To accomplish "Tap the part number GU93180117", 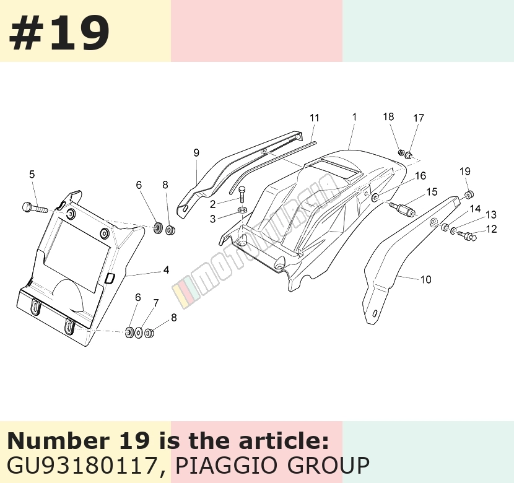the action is click(x=82, y=465).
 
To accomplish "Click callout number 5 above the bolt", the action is click(x=32, y=175).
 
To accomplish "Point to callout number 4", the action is click(x=166, y=270).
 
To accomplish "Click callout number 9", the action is click(x=196, y=153).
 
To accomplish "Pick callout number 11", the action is click(x=314, y=118).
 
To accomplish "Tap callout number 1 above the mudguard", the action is click(x=354, y=117).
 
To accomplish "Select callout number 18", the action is click(x=388, y=116).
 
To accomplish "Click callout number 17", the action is click(x=418, y=118).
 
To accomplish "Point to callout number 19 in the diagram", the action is click(x=465, y=172).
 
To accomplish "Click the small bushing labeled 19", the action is click(x=469, y=194).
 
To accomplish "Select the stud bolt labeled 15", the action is click(x=403, y=209).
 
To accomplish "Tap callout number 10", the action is click(x=425, y=279).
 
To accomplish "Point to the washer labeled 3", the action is click(x=243, y=210).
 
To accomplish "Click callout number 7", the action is click(x=155, y=303).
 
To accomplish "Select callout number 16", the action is click(x=420, y=176).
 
